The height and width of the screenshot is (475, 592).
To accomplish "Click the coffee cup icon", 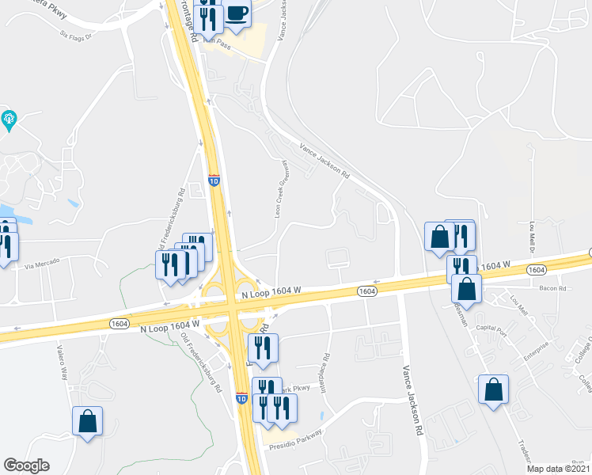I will pyautogui.click(x=237, y=13).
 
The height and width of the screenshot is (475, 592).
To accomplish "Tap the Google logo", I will pyautogui.click(x=26, y=465).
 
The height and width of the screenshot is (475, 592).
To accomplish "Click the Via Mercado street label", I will pyautogui.click(x=43, y=267).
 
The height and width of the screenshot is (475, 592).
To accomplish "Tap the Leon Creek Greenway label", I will pyautogui.click(x=279, y=188).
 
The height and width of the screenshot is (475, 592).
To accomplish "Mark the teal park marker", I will pyautogui.click(x=9, y=120).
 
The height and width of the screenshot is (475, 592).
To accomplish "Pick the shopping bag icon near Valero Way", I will pyautogui.click(x=87, y=421).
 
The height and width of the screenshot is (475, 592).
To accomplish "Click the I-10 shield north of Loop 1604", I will pyautogui.click(x=214, y=180).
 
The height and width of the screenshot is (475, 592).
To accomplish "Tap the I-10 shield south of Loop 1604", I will pyautogui.click(x=241, y=398).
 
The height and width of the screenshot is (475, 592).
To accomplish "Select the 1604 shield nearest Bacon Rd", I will pyautogui.click(x=536, y=270).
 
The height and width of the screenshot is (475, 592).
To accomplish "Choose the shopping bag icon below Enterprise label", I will pyautogui.click(x=493, y=389).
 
